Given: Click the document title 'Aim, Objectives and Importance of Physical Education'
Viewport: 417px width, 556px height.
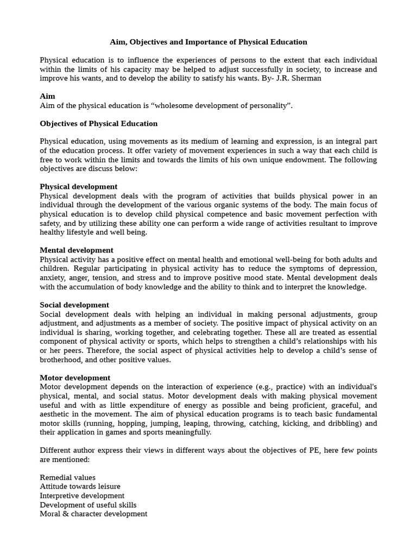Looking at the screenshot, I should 208,42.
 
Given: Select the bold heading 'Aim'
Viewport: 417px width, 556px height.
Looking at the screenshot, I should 47,96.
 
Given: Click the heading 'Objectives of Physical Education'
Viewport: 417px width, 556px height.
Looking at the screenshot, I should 98,123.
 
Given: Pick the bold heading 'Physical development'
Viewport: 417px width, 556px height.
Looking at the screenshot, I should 78,186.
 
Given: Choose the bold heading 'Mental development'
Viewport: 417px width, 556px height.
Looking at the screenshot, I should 77,250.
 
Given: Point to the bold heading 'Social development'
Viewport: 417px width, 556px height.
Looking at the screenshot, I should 74,305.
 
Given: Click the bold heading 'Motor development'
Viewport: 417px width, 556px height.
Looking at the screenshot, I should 75,377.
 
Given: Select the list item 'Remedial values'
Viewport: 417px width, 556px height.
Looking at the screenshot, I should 67,477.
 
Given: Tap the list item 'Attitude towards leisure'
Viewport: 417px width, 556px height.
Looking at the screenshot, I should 80,486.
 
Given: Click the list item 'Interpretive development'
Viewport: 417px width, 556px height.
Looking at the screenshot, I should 82,496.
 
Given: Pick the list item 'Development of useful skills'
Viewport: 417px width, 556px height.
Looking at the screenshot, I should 88,505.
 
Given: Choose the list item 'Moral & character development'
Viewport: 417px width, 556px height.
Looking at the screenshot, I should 93,514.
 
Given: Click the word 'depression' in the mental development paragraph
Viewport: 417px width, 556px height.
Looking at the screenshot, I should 357,268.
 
